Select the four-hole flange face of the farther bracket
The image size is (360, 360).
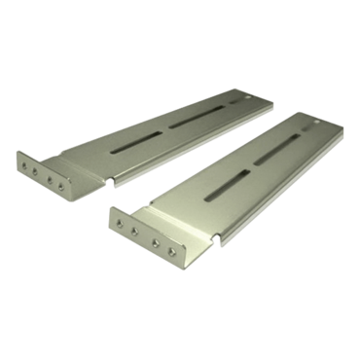point(43,171)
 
